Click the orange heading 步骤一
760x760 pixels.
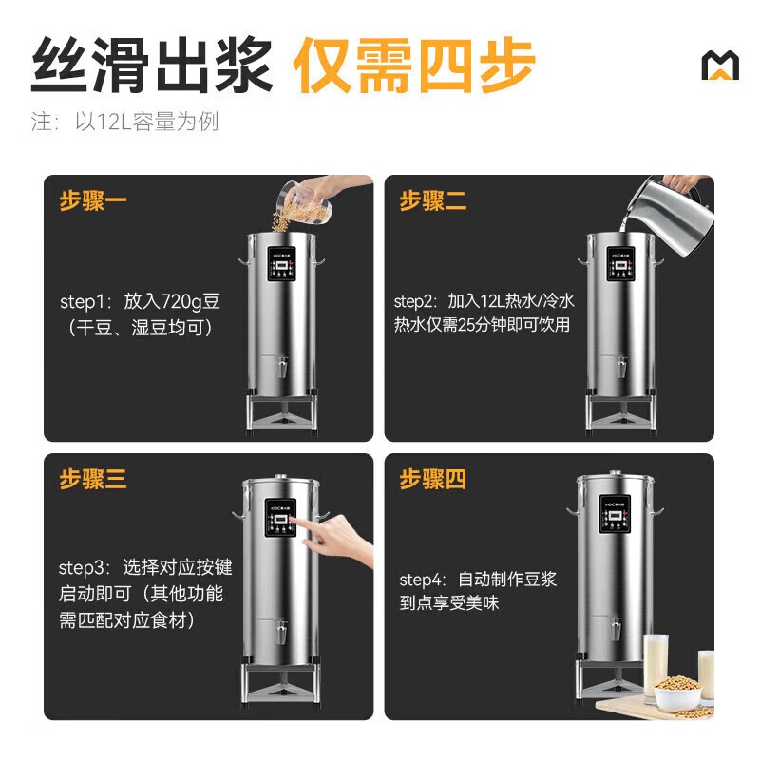click(93, 201)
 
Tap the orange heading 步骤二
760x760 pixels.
click(433, 201)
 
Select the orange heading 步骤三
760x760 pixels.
click(93, 479)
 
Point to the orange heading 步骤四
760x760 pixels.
click(433, 479)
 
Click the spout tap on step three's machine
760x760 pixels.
click(282, 632)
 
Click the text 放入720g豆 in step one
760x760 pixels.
click(172, 302)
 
